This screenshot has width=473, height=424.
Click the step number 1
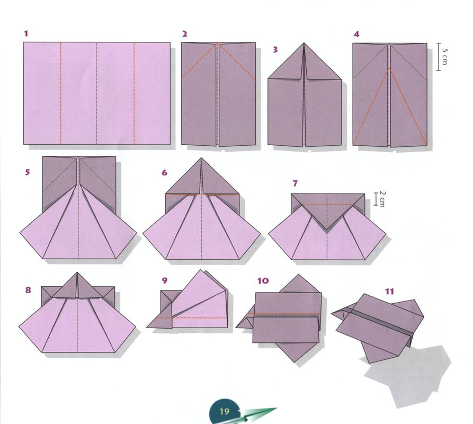tap(26, 33)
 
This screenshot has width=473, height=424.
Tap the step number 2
tap(185, 34)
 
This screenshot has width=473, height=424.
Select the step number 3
tap(275, 49)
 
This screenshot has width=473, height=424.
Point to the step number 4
tap(356, 34)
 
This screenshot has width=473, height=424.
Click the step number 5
tap(28, 172)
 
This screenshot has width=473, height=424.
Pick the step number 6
tap(164, 173)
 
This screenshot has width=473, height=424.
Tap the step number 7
tap(295, 183)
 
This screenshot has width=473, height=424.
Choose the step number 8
tap(28, 290)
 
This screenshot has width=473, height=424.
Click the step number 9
tap(164, 281)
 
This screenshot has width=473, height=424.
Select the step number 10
tap(263, 281)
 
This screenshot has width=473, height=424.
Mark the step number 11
tap(389, 291)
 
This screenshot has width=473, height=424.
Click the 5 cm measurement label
tap(444, 56)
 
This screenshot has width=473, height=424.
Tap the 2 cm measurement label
tap(382, 199)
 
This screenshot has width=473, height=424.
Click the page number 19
tap(225, 411)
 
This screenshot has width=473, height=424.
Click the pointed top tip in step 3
tap(304, 43)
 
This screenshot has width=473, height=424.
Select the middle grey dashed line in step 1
tap(97, 94)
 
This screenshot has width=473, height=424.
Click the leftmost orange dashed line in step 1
tap(60, 94)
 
